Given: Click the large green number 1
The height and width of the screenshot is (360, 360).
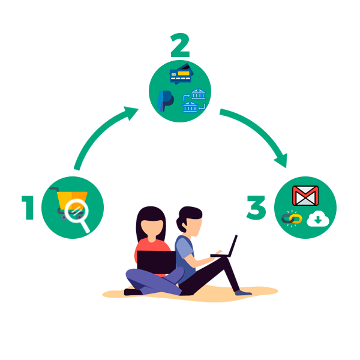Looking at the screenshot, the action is (28, 208).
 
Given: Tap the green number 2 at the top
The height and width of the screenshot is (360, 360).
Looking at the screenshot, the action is (180, 45).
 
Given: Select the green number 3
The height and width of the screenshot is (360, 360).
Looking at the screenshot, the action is (256, 208).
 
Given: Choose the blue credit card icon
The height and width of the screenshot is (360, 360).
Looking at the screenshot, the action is (181, 74).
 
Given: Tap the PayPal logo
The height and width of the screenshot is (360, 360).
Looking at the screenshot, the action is (165, 101).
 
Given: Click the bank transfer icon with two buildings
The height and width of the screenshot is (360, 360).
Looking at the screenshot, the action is (194, 101).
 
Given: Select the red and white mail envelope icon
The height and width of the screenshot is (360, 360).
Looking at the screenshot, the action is (305, 196).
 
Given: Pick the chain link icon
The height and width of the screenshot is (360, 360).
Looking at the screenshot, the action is (292, 219).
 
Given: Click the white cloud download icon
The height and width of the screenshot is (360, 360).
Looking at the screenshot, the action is (318, 219).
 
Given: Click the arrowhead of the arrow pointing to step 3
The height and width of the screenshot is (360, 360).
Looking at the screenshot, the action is (281, 161).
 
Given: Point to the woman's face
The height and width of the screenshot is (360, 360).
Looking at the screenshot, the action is (152, 229).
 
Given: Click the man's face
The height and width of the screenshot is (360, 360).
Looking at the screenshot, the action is (194, 227).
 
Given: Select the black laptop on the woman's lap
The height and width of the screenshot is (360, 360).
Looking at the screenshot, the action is (157, 262).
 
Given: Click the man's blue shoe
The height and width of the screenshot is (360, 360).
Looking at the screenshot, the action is (243, 293).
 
